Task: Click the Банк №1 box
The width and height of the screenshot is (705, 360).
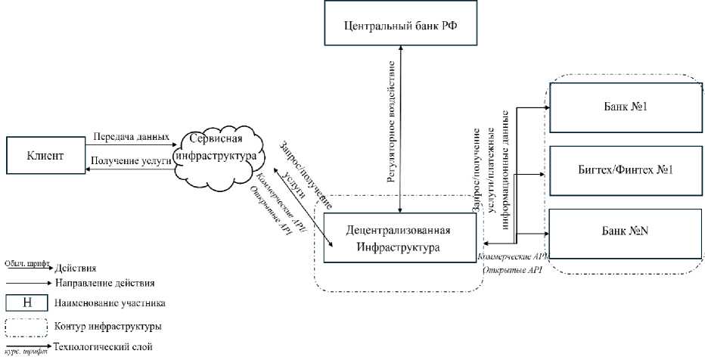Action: pos(626,107)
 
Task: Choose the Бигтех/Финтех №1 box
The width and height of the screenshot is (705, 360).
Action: pos(626,169)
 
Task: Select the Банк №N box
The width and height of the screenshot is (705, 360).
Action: pos(626,231)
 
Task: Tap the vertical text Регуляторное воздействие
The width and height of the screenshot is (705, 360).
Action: pos(392,122)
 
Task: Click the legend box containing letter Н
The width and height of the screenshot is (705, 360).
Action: pos(28,303)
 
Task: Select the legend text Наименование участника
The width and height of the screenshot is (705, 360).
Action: pos(110,303)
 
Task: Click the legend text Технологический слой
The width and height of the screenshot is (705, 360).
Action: pos(104,347)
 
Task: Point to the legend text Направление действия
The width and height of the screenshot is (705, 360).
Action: pos(105,284)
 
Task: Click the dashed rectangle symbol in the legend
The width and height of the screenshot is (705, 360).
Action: pos(27,326)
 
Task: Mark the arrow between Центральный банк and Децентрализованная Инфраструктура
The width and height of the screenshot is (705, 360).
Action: pos(400,129)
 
